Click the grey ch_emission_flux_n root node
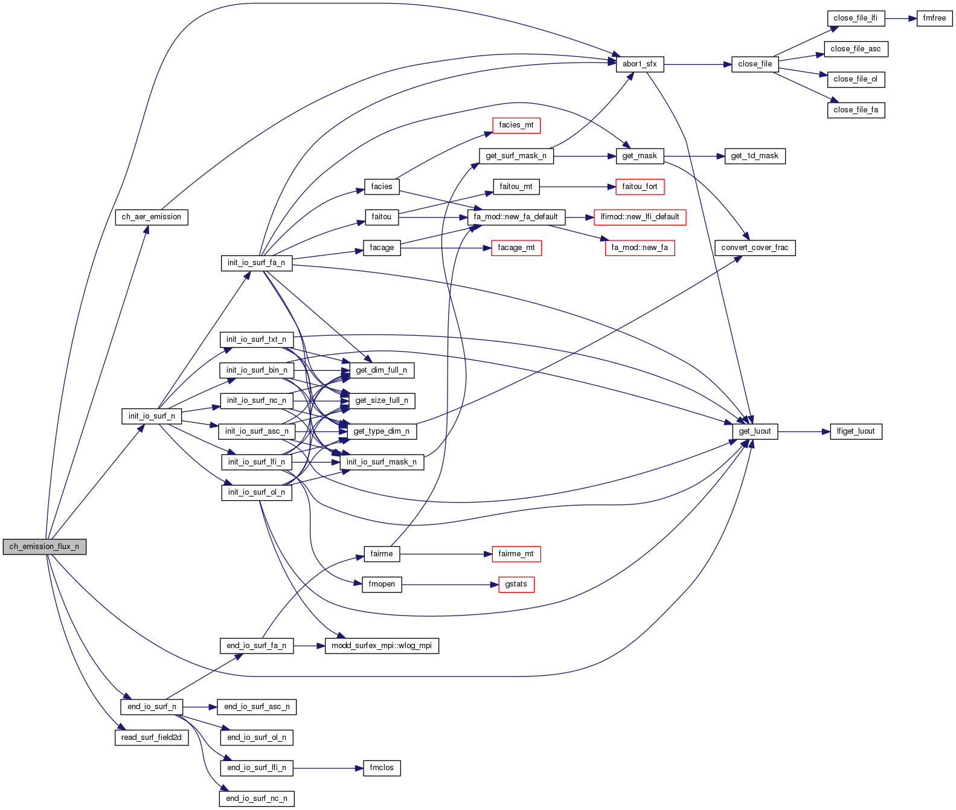44,547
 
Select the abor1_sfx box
640,64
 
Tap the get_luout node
755,431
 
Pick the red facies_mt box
516,125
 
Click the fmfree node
934,18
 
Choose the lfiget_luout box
856,431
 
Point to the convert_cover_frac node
755,248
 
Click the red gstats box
516,584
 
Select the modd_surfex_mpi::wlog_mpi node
382,646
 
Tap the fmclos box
382,768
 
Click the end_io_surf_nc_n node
257,799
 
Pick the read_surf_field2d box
152,738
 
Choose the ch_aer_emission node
152,217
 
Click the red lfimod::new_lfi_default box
640,217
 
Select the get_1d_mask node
754,156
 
